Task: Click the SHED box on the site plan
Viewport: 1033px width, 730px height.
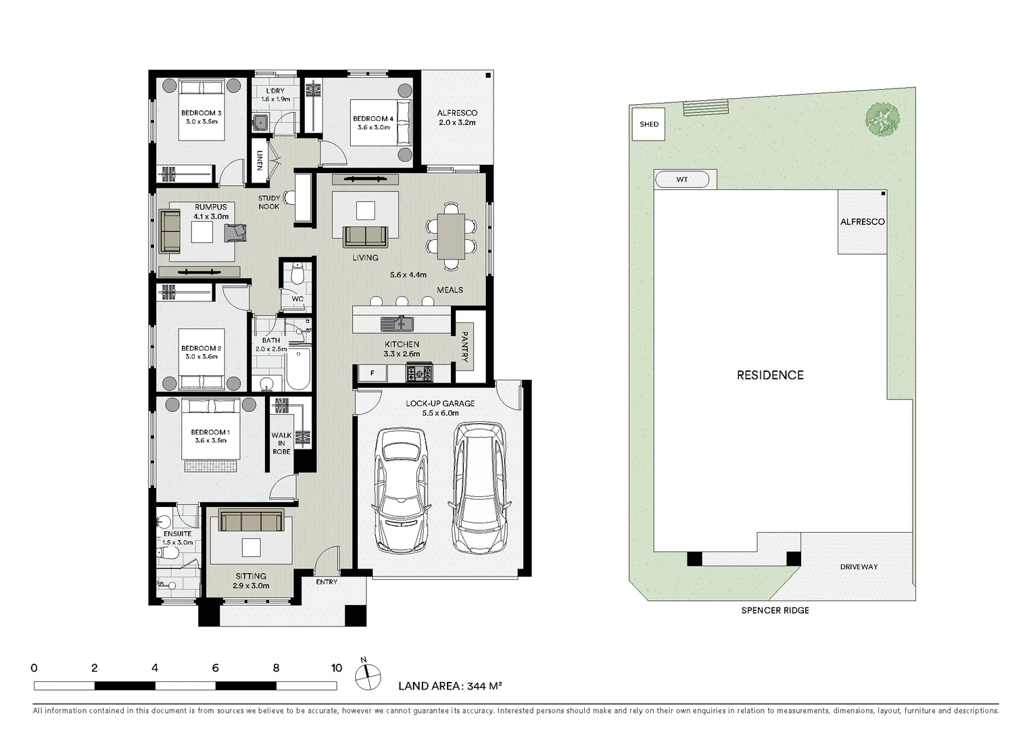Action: tap(648, 124)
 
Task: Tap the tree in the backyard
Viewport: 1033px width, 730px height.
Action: tap(882, 119)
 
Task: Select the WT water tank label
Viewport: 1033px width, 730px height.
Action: tap(682, 180)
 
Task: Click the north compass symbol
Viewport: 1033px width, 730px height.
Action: tap(368, 676)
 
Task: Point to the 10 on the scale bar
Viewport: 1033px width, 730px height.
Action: tap(337, 668)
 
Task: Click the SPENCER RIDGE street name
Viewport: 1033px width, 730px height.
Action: tap(775, 610)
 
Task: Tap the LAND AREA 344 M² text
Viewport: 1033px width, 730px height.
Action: tap(450, 686)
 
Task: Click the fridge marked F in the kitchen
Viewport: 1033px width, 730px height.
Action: tap(373, 373)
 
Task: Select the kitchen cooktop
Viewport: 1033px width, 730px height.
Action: tap(419, 372)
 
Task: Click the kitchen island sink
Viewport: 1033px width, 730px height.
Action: tap(397, 324)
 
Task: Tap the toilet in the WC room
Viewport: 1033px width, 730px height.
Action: tap(298, 274)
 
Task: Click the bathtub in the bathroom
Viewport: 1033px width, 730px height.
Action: tap(298, 368)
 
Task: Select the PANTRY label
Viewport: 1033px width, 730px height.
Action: tap(464, 346)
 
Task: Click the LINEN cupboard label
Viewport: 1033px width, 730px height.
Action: tap(260, 160)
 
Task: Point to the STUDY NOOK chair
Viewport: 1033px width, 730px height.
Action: tap(289, 198)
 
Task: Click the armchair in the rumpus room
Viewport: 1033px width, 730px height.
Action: tap(235, 233)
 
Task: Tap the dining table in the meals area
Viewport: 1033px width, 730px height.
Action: tap(451, 237)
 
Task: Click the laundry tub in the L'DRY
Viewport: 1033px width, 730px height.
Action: tap(260, 122)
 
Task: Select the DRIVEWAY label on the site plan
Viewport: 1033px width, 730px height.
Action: tap(859, 566)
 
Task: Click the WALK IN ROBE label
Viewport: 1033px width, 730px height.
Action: tap(281, 443)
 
